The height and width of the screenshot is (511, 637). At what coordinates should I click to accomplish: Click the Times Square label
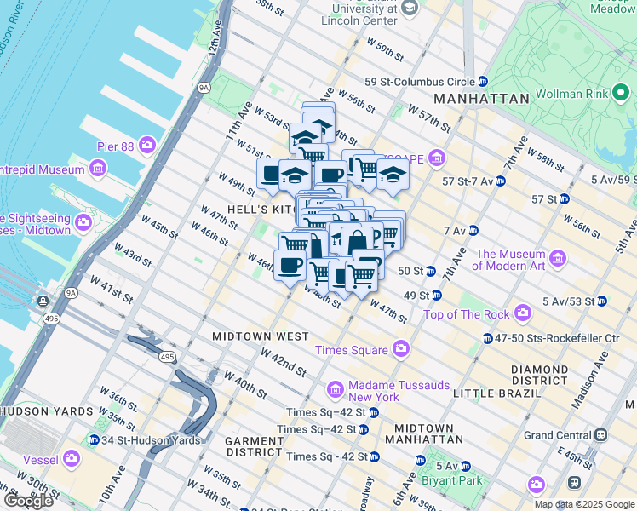click(350, 350)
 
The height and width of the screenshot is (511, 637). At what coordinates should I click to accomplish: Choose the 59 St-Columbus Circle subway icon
click(483, 82)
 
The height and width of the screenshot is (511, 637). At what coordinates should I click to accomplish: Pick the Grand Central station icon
click(601, 434)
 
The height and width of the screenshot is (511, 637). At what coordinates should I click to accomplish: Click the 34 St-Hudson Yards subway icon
click(94, 440)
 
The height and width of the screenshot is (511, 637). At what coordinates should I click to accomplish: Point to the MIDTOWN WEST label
click(261, 336)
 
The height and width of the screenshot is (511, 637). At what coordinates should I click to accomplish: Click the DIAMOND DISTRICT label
click(539, 375)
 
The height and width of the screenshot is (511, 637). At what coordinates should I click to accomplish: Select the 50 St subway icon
click(431, 271)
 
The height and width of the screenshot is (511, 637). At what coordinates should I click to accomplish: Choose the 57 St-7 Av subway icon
click(501, 181)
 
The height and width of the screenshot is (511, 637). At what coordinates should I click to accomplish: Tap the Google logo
click(29, 501)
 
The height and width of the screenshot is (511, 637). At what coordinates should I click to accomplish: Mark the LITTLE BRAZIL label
click(496, 393)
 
